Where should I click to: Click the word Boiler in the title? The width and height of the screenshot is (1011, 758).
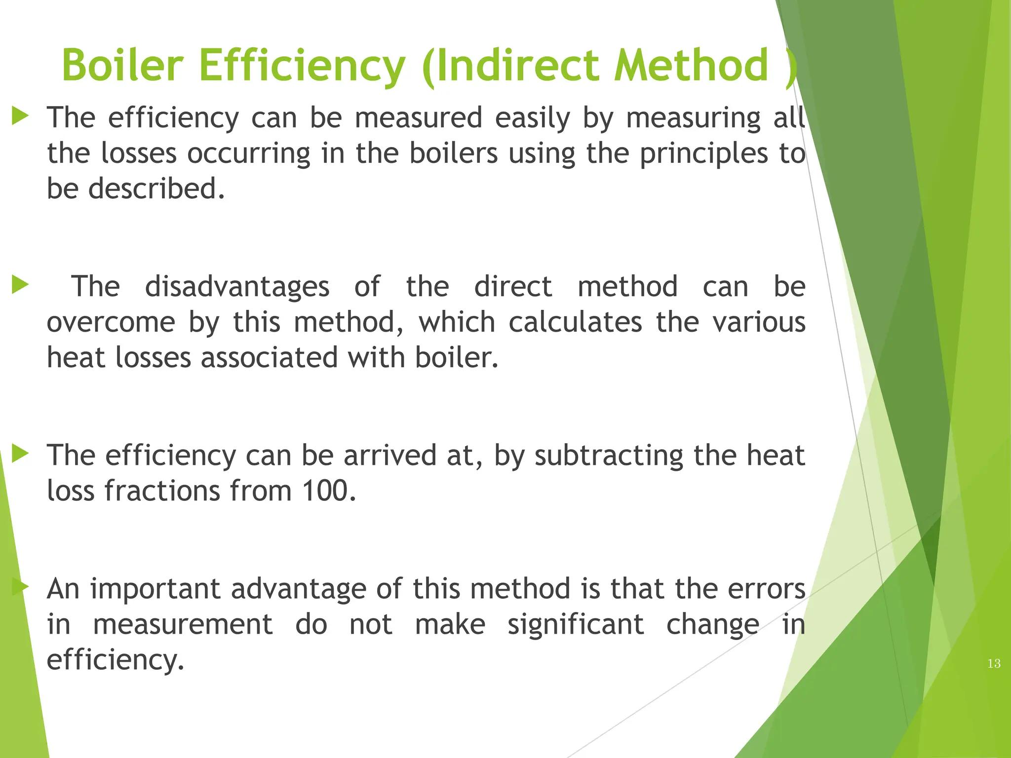tap(122, 65)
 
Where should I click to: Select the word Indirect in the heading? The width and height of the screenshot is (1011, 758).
tap(517, 65)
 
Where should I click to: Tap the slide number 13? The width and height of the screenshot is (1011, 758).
tap(994, 664)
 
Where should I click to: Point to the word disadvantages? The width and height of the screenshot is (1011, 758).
tap(237, 287)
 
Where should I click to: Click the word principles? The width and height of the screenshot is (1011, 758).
tap(704, 153)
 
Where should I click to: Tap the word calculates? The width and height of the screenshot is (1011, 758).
tap(576, 322)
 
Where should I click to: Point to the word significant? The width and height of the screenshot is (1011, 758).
tap(576, 625)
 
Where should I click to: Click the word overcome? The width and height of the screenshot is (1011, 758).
tap(111, 322)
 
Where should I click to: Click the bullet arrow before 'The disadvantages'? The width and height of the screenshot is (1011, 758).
tap(20, 285)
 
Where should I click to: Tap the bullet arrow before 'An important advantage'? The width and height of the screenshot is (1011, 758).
tap(20, 587)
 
